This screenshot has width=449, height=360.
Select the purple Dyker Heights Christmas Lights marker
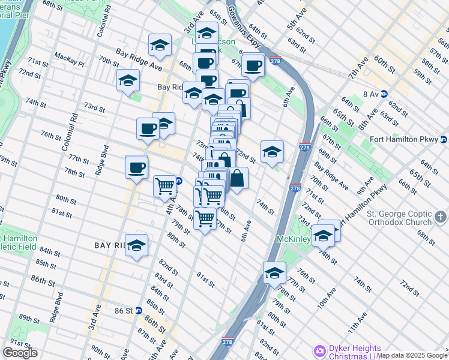pos(319,350)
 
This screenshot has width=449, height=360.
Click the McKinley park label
pos(292,239)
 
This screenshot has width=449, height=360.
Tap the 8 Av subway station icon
pos(384,94)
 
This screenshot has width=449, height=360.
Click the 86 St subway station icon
pos(139,311)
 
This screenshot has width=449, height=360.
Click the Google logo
pos(20,353)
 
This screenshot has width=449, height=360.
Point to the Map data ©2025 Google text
pos(412,355)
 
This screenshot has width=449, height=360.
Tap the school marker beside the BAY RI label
pos(137,246)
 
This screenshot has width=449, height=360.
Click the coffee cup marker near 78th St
pos(137,167)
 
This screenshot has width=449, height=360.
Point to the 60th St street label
pos(382,61)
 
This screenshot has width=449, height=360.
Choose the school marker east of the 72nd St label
pos(272,151)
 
